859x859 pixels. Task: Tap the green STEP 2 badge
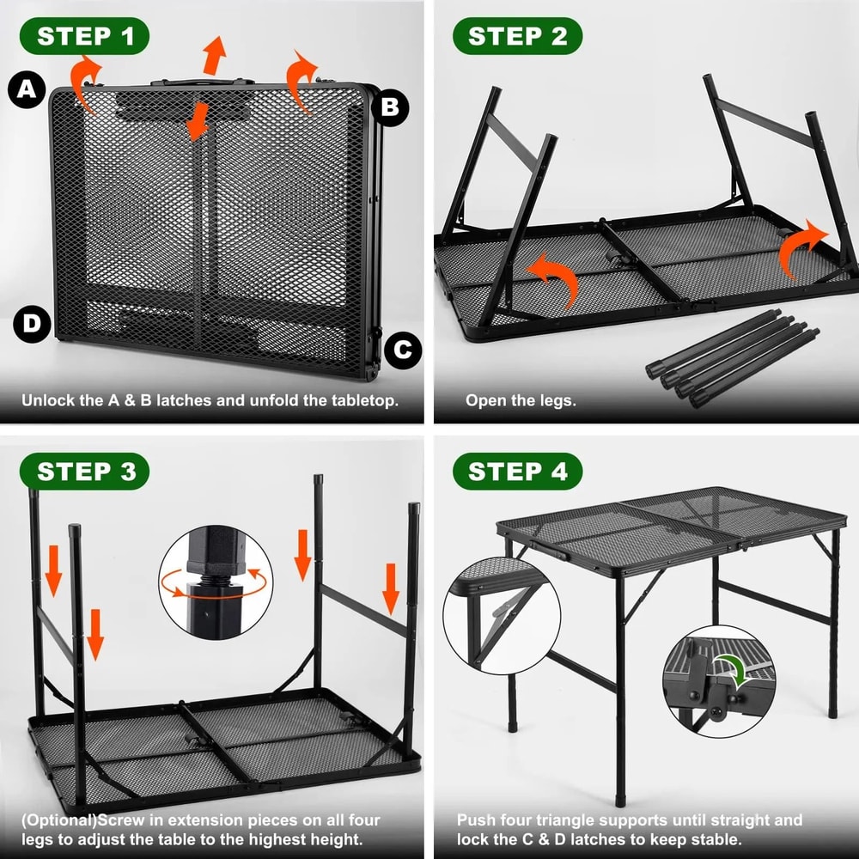click(x=518, y=36)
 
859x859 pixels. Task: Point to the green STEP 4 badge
click(x=518, y=472)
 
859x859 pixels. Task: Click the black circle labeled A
click(x=27, y=89)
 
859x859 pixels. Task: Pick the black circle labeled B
click(x=389, y=107)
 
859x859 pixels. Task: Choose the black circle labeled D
click(x=32, y=324)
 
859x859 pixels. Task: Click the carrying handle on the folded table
click(x=197, y=83)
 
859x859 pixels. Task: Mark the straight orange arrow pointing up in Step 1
click(x=215, y=56)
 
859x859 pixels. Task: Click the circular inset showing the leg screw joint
click(x=216, y=582)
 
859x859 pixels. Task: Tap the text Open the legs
click(x=521, y=400)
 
